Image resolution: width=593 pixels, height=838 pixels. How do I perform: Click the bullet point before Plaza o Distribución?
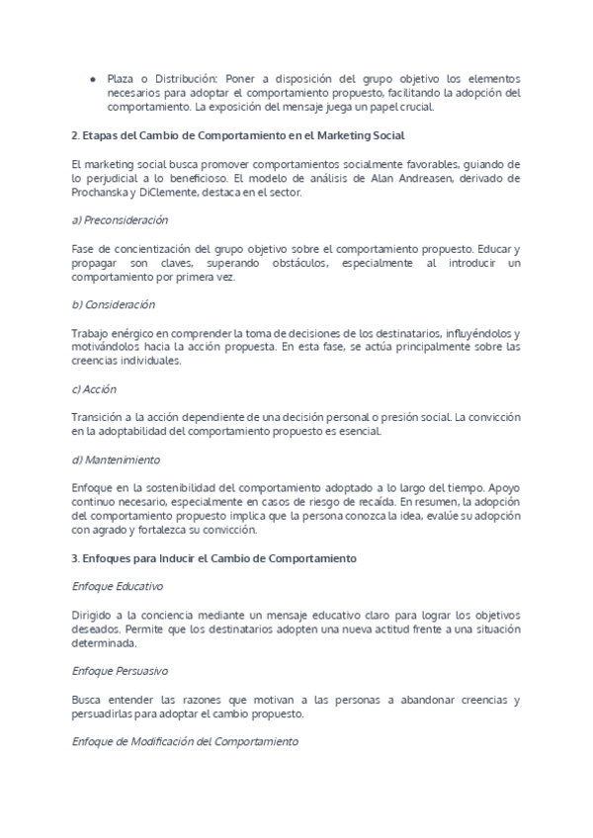point(92,78)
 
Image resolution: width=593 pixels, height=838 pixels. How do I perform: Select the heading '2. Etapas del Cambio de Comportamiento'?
point(238,134)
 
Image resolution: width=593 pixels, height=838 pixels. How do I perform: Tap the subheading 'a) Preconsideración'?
point(121,219)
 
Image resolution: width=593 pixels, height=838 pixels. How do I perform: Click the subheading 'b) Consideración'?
point(114,304)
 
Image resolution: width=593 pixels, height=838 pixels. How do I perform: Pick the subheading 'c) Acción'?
point(95,389)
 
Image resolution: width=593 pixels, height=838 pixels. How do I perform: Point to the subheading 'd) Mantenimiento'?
point(117,461)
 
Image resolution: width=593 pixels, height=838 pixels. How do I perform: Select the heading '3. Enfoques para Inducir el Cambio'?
point(213,558)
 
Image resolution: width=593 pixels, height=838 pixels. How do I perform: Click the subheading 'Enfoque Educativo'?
point(118,586)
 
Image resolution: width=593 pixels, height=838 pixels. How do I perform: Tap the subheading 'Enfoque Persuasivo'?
point(121,671)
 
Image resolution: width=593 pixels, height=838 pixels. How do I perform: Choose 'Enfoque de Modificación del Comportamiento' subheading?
point(184,741)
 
